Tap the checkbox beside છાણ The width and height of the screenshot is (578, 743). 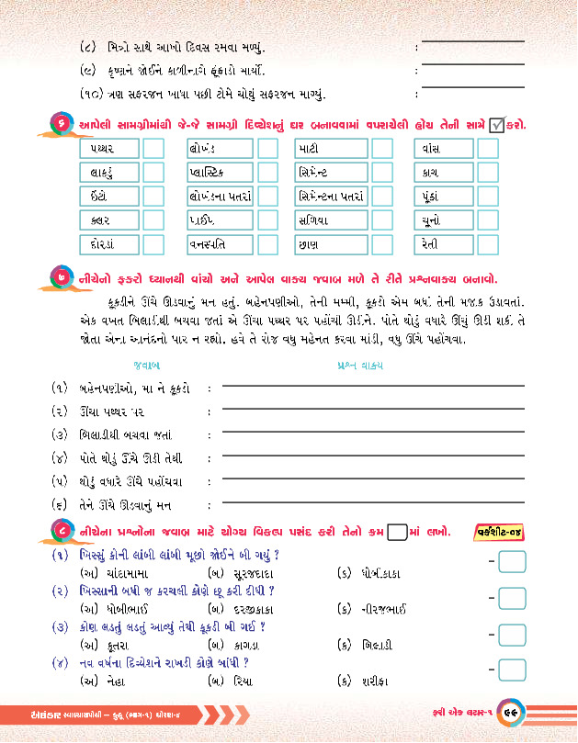pos(380,244)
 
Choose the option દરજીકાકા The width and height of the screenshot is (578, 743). pos(246,609)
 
